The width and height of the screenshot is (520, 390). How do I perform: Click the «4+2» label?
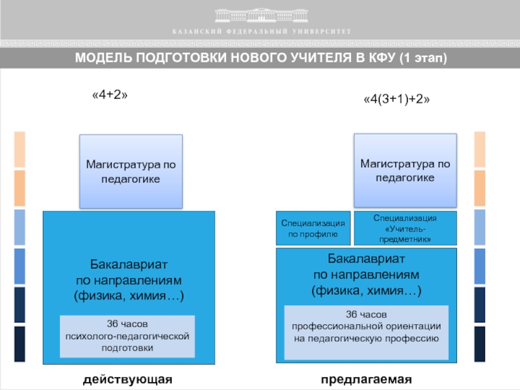pyautogui.click(x=109, y=95)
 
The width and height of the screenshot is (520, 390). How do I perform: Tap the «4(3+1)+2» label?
pyautogui.click(x=396, y=99)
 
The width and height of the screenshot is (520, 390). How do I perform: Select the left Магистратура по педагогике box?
pyautogui.click(x=131, y=172)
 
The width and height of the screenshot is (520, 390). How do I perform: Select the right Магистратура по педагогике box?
pyautogui.click(x=405, y=170)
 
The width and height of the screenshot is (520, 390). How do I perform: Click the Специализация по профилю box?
pyautogui.click(x=313, y=227)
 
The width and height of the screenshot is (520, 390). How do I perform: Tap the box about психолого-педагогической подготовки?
pyautogui.click(x=127, y=336)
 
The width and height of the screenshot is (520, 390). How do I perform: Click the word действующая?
pyautogui.click(x=128, y=379)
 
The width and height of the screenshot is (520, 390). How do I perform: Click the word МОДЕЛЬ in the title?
pyautogui.click(x=103, y=58)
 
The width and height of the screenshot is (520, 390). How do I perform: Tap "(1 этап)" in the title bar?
pyautogui.click(x=422, y=58)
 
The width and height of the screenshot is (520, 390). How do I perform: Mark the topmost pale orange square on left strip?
pyautogui.click(x=19, y=149)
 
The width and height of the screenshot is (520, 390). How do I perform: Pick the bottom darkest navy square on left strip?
pyautogui.click(x=19, y=344)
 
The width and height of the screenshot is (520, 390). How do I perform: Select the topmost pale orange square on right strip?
pyautogui.click(x=480, y=149)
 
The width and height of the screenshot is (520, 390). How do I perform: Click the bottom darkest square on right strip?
pyautogui.click(x=480, y=344)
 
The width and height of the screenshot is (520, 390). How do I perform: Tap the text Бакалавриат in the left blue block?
pyautogui.click(x=129, y=265)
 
